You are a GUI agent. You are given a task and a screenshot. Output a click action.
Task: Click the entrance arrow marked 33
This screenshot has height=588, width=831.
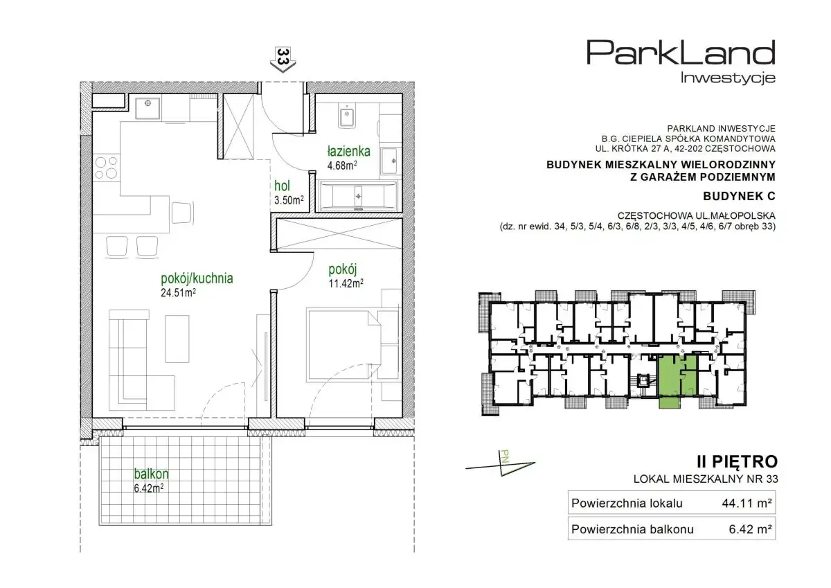(x=283, y=60)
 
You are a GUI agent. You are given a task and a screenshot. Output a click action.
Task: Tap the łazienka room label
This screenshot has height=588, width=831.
(x=349, y=152)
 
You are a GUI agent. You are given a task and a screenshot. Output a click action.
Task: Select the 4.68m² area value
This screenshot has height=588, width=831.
(x=342, y=165)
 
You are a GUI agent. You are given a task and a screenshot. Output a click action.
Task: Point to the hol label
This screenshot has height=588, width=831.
(x=282, y=186)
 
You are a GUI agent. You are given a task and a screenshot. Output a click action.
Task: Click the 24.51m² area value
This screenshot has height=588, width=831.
(x=178, y=293)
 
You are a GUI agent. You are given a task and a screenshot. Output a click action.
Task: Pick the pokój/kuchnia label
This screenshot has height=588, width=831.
(x=197, y=278)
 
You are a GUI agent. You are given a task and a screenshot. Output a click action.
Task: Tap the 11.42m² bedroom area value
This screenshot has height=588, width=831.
(x=346, y=283)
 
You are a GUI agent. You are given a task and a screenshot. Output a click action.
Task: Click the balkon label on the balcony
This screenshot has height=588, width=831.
(x=152, y=474)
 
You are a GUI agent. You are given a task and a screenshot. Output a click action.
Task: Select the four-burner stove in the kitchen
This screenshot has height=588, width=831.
(x=107, y=168)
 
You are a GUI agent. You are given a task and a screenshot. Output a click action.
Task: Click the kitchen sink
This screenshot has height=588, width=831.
(x=148, y=108)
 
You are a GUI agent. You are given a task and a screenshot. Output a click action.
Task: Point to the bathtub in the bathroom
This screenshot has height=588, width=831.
(x=359, y=196)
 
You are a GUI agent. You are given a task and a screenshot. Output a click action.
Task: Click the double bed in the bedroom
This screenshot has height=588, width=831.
(x=343, y=345)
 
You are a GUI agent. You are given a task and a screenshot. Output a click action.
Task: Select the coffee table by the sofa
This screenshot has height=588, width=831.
(x=177, y=339)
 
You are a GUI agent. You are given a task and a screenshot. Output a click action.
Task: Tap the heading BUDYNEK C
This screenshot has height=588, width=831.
(x=739, y=196)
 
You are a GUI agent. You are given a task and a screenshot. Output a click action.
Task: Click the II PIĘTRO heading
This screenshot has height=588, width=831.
(x=738, y=462)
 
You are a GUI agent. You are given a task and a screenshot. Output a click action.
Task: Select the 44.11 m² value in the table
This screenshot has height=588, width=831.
(x=747, y=504)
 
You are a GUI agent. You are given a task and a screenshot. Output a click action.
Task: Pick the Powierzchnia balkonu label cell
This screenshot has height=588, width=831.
(x=632, y=529)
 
